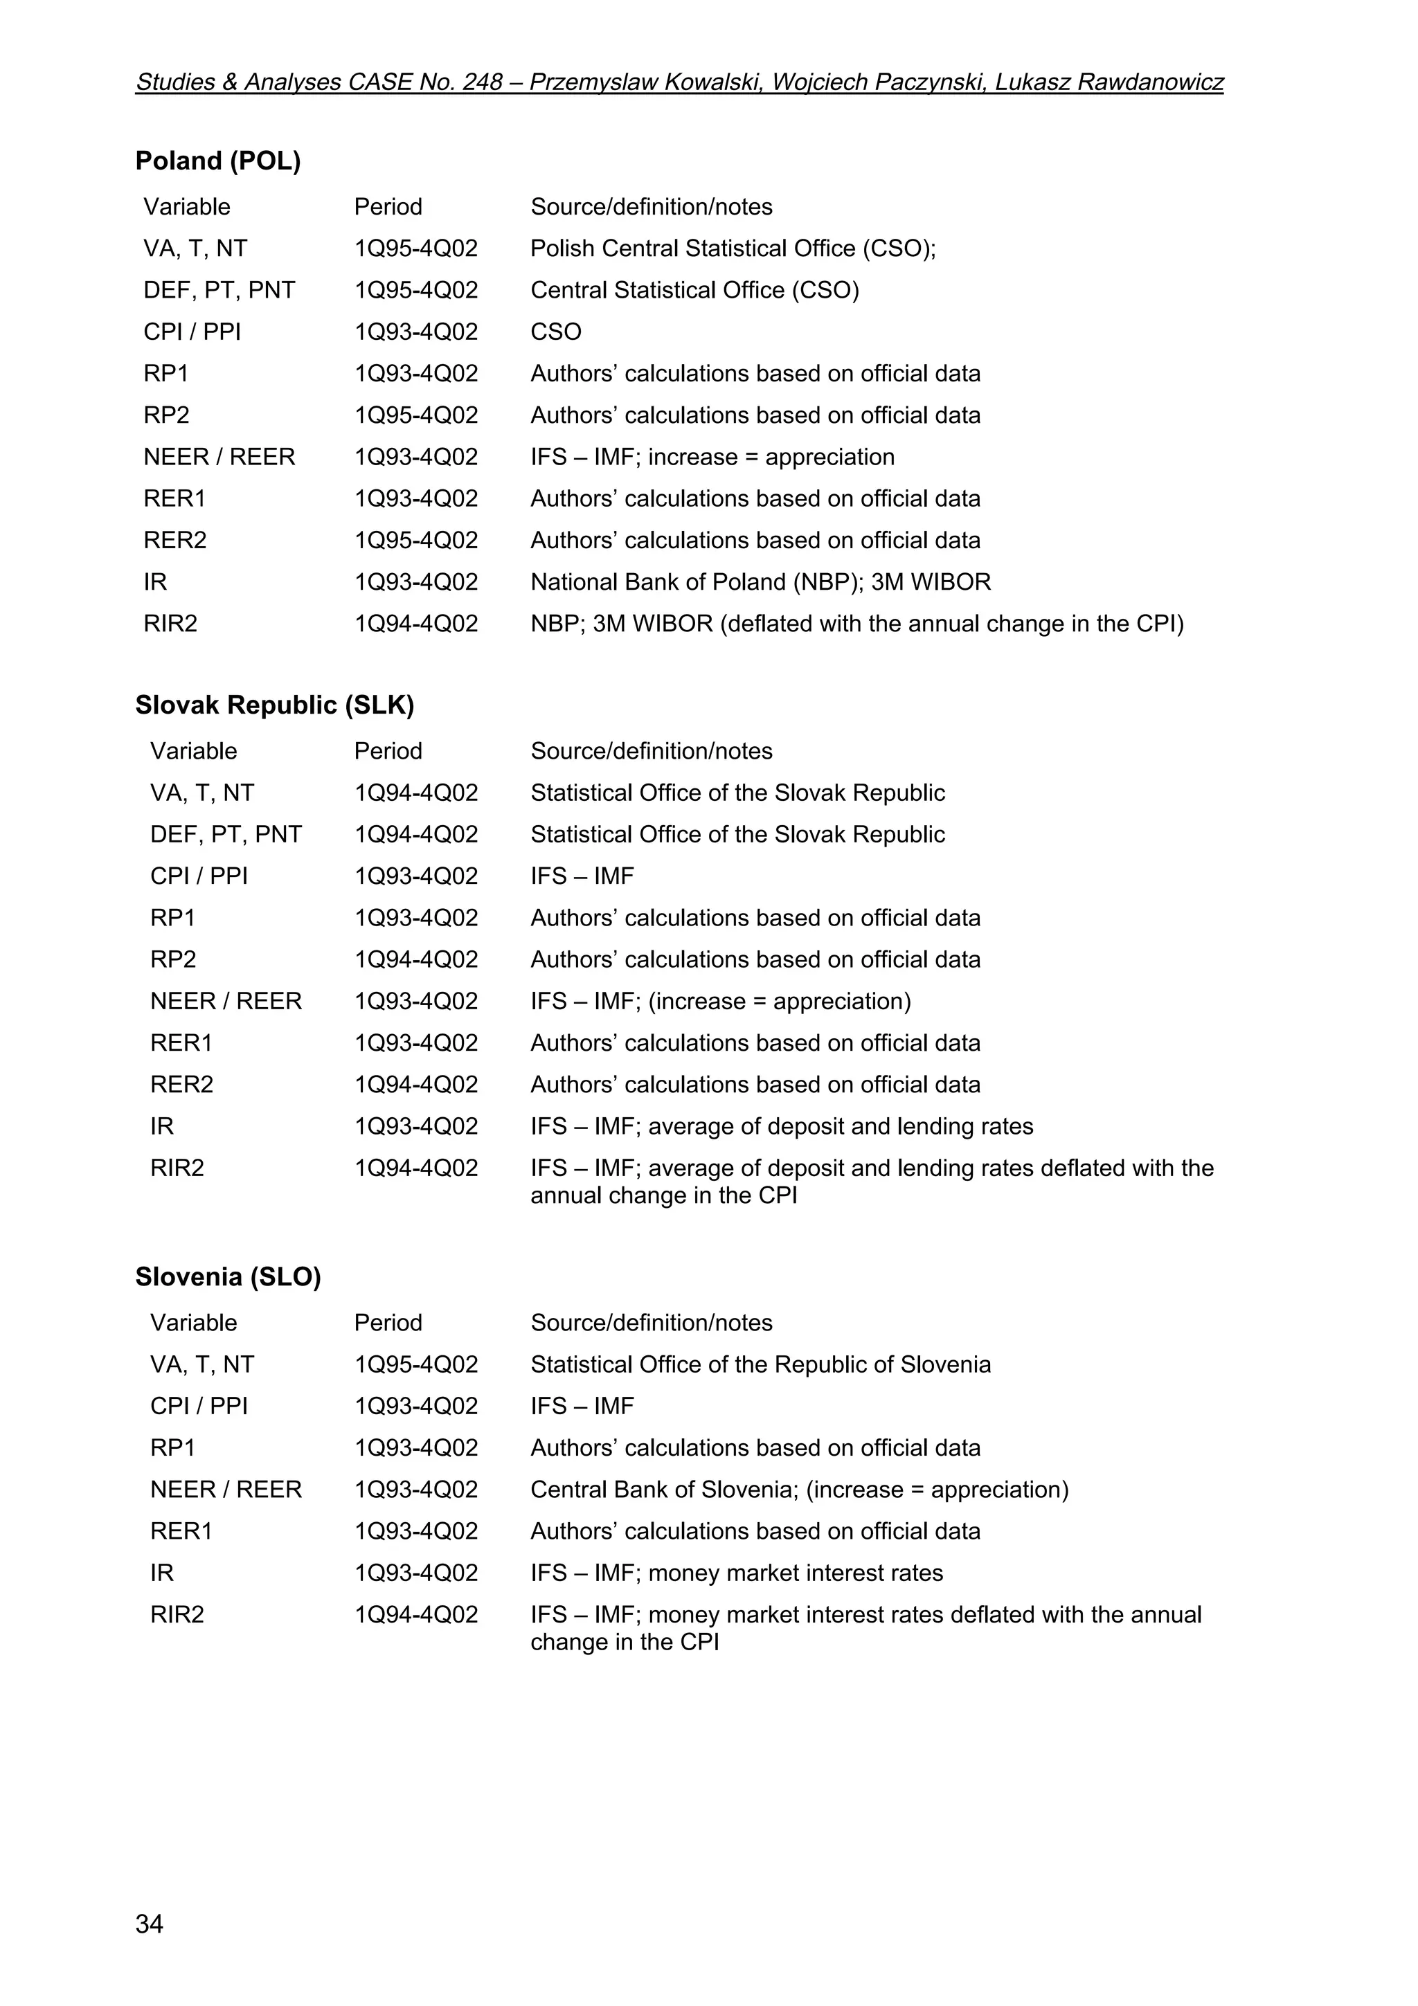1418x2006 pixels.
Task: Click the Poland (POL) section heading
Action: point(217,161)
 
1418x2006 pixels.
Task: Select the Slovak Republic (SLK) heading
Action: point(274,705)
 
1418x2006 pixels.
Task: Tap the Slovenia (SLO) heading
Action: point(228,1277)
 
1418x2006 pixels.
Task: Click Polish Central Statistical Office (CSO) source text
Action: point(732,249)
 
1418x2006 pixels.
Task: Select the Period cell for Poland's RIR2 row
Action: point(416,624)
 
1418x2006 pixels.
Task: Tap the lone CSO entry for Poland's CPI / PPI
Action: point(556,332)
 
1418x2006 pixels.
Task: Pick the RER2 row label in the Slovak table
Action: point(181,1084)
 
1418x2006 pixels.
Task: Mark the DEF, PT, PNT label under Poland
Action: point(219,290)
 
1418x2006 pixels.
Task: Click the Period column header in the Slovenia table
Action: point(388,1323)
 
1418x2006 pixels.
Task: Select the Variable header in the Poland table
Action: point(187,207)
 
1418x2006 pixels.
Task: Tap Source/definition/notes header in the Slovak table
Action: point(651,751)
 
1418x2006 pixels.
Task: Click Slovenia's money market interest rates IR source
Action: point(737,1573)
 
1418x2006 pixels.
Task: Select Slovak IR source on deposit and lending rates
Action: point(781,1126)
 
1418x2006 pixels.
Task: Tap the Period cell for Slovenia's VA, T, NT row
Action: point(416,1365)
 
